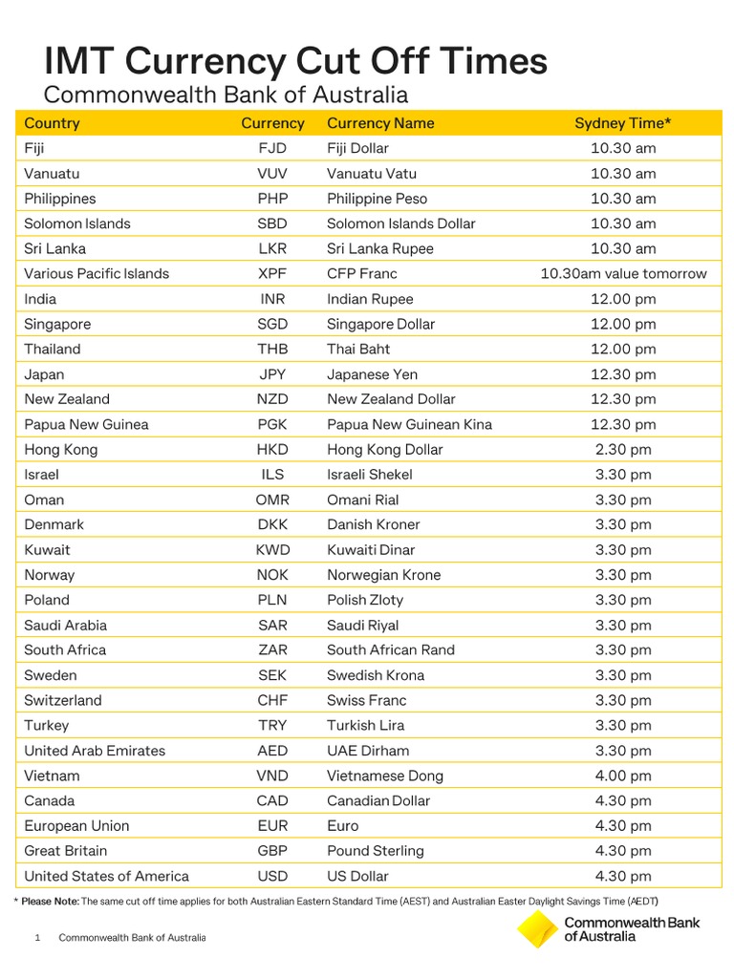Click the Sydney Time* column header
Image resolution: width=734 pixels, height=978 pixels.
[x=622, y=123]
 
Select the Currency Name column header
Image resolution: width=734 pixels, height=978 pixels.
[x=380, y=123]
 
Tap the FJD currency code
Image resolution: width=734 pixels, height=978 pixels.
[x=272, y=148]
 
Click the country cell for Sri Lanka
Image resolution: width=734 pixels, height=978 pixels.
[x=54, y=248]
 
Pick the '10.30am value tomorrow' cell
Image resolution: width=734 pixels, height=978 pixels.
[x=623, y=273]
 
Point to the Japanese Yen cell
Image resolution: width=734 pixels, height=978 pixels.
[x=372, y=374]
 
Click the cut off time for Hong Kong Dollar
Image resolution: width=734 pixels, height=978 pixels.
[x=623, y=449]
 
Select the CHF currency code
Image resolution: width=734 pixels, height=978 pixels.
[x=272, y=700]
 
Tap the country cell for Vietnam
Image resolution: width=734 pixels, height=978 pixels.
[x=52, y=776]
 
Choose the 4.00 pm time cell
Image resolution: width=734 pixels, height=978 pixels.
[x=623, y=776]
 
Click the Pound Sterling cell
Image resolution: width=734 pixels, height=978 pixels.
[x=375, y=851]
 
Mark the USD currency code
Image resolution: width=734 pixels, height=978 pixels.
[x=272, y=876]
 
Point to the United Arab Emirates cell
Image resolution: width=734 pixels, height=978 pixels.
[x=95, y=751]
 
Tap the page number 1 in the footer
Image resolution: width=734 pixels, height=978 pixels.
[x=37, y=938]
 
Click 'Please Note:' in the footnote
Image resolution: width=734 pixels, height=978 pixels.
[x=51, y=902]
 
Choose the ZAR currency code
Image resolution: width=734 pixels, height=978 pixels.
[x=272, y=649]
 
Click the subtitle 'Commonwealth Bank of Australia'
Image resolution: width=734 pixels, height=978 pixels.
[x=227, y=96]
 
